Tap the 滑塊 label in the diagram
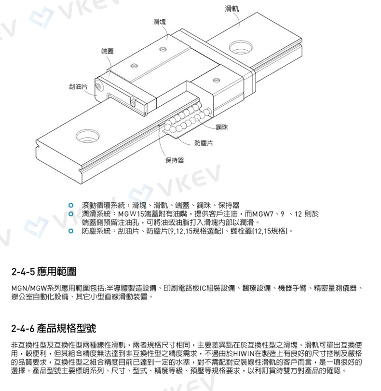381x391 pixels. (x=160, y=22)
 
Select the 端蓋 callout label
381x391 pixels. (x=108, y=51)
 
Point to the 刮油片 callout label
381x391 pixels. (x=78, y=87)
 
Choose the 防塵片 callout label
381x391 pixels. (x=204, y=143)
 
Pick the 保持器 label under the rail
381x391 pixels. (x=174, y=160)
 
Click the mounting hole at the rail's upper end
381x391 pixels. (x=240, y=47)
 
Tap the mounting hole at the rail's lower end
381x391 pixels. (x=87, y=135)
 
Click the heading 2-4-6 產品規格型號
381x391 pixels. (x=54, y=329)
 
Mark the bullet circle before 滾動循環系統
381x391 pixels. (x=71, y=205)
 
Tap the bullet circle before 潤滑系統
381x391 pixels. (x=71, y=213)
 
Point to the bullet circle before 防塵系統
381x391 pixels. (x=71, y=231)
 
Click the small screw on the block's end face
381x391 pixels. (x=99, y=86)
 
